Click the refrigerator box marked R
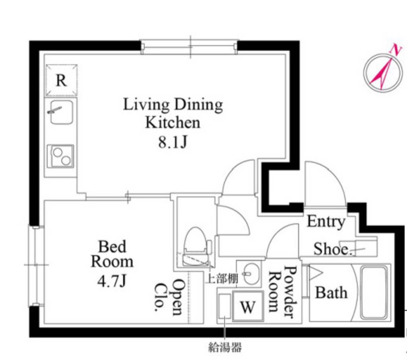[61, 80]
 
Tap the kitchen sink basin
[61, 112]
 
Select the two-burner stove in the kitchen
[60, 156]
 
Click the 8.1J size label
[173, 142]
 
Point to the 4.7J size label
[112, 281]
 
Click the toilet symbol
[196, 247]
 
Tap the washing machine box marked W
[248, 306]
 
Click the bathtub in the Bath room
[374, 292]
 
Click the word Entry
[326, 222]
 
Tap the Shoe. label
[333, 249]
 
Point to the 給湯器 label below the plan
[225, 347]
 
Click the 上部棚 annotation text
[222, 279]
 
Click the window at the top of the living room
[189, 47]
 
